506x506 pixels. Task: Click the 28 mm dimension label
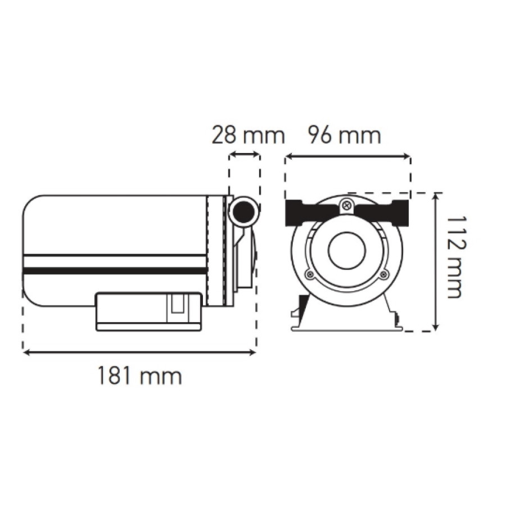[248, 135]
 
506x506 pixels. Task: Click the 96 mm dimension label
[345, 135]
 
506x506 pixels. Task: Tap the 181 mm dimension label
[140, 376]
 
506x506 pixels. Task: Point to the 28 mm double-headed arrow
[245, 155]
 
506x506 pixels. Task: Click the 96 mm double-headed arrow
[347, 157]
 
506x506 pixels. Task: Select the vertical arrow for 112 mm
[436, 261]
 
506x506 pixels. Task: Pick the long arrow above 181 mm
[139, 353]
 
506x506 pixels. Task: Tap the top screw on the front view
[346, 204]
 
